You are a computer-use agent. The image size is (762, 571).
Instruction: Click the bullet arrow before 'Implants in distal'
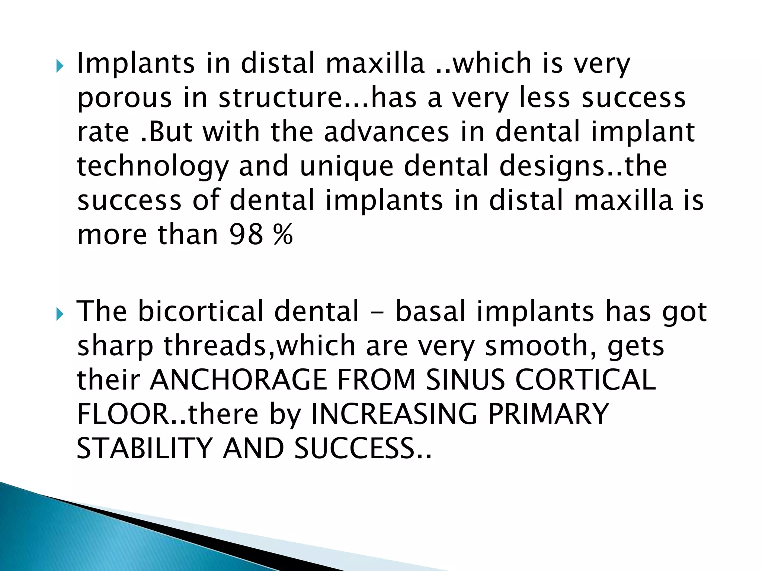tap(60, 67)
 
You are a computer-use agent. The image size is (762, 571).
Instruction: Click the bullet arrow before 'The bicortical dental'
tap(60, 315)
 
